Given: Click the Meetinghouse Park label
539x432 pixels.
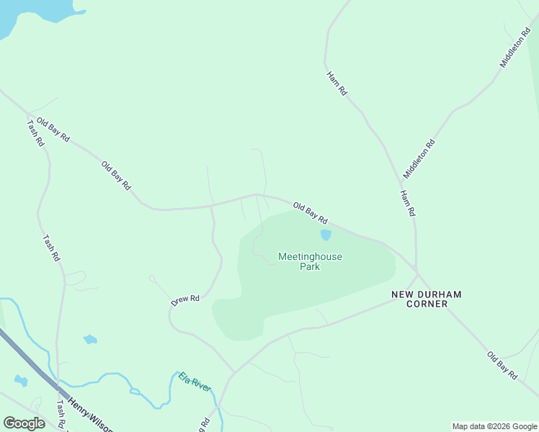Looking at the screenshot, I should (x=310, y=261).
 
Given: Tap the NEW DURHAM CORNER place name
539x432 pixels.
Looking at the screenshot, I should (x=426, y=299).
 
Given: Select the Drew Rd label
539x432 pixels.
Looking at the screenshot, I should (x=185, y=300).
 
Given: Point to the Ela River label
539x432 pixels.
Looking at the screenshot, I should (x=195, y=383).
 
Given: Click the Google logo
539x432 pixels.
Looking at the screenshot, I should (x=24, y=423).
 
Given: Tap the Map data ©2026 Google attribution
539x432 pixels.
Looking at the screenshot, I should (x=494, y=426).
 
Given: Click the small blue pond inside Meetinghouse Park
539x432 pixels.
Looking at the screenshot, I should (x=326, y=235).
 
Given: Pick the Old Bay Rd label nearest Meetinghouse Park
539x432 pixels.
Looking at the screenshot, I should (x=311, y=212).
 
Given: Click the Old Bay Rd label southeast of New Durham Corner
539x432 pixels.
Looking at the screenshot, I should (x=502, y=365).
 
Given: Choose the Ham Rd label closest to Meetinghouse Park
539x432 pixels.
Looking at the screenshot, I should (x=408, y=203).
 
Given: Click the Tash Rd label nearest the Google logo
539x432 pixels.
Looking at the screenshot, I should (x=61, y=415).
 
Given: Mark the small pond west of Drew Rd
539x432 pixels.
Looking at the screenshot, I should (x=90, y=339).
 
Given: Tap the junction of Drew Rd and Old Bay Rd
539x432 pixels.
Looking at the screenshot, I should (x=211, y=207).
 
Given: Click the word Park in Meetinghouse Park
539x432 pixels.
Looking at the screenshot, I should (x=310, y=267).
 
